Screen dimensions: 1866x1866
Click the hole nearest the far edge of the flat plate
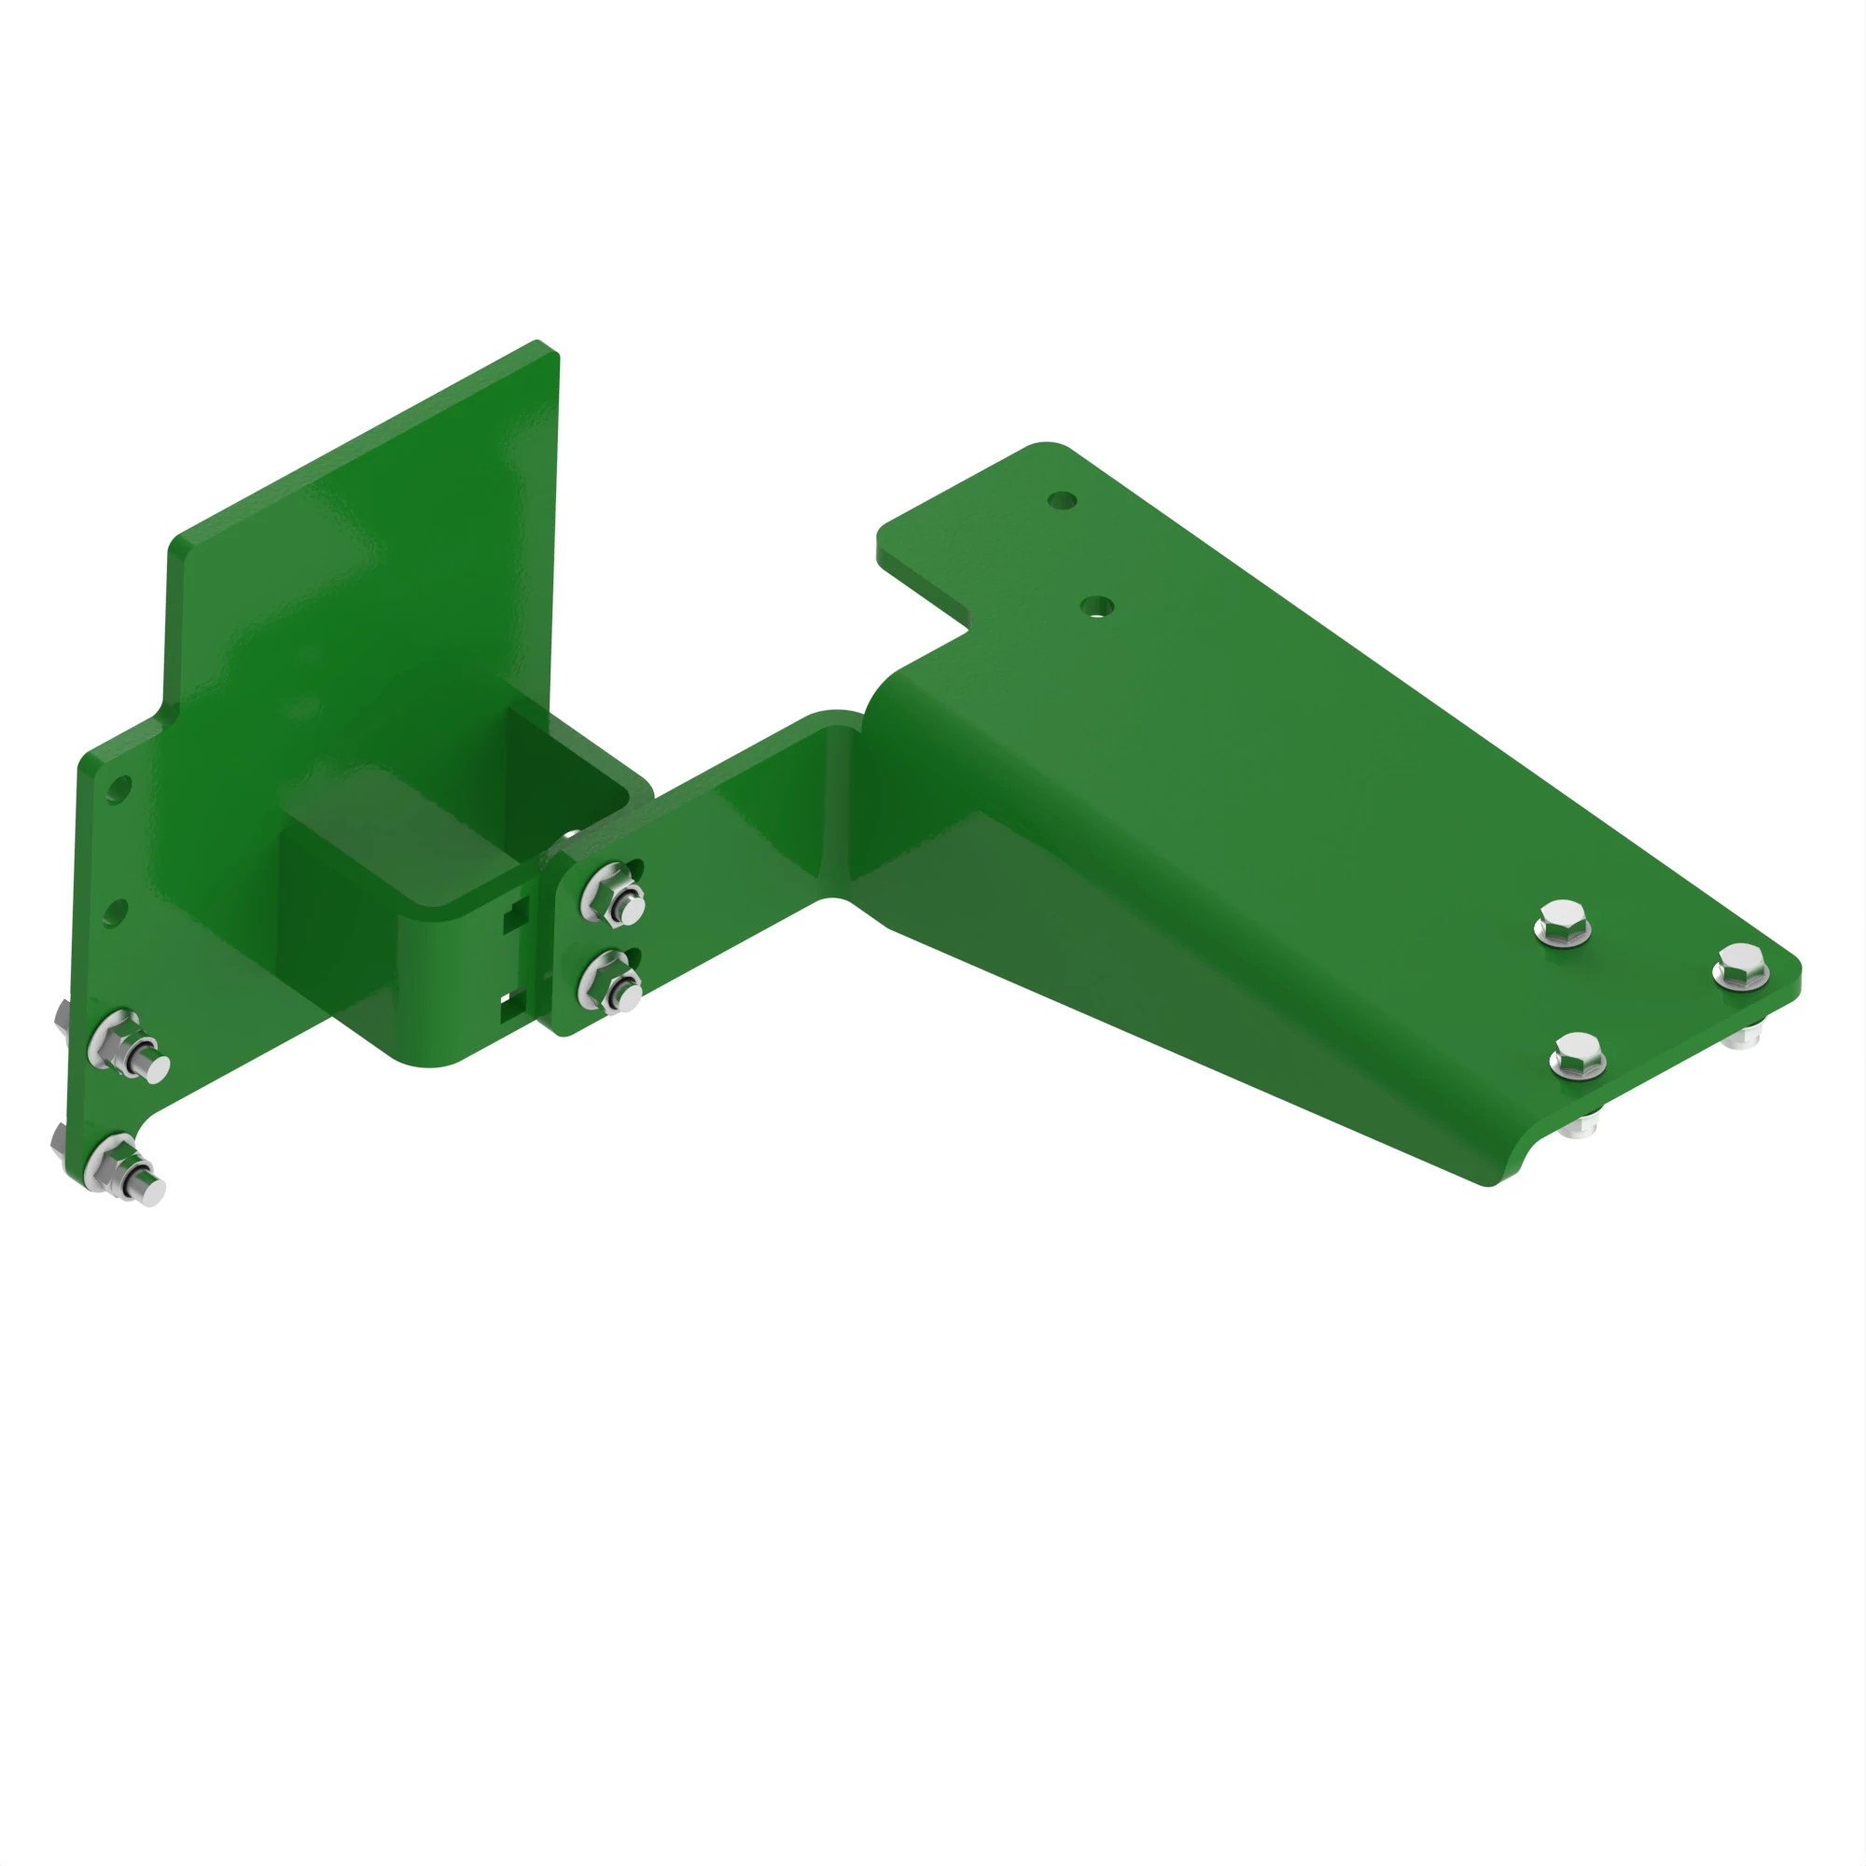[x=1063, y=500]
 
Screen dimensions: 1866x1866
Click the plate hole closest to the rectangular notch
[x=1096, y=606]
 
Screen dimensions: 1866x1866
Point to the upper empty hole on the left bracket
[x=118, y=790]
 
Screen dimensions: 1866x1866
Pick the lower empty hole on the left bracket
[x=114, y=912]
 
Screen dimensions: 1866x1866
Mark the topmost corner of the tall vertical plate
[x=538, y=341]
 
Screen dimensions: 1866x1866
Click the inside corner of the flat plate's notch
[x=968, y=630]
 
